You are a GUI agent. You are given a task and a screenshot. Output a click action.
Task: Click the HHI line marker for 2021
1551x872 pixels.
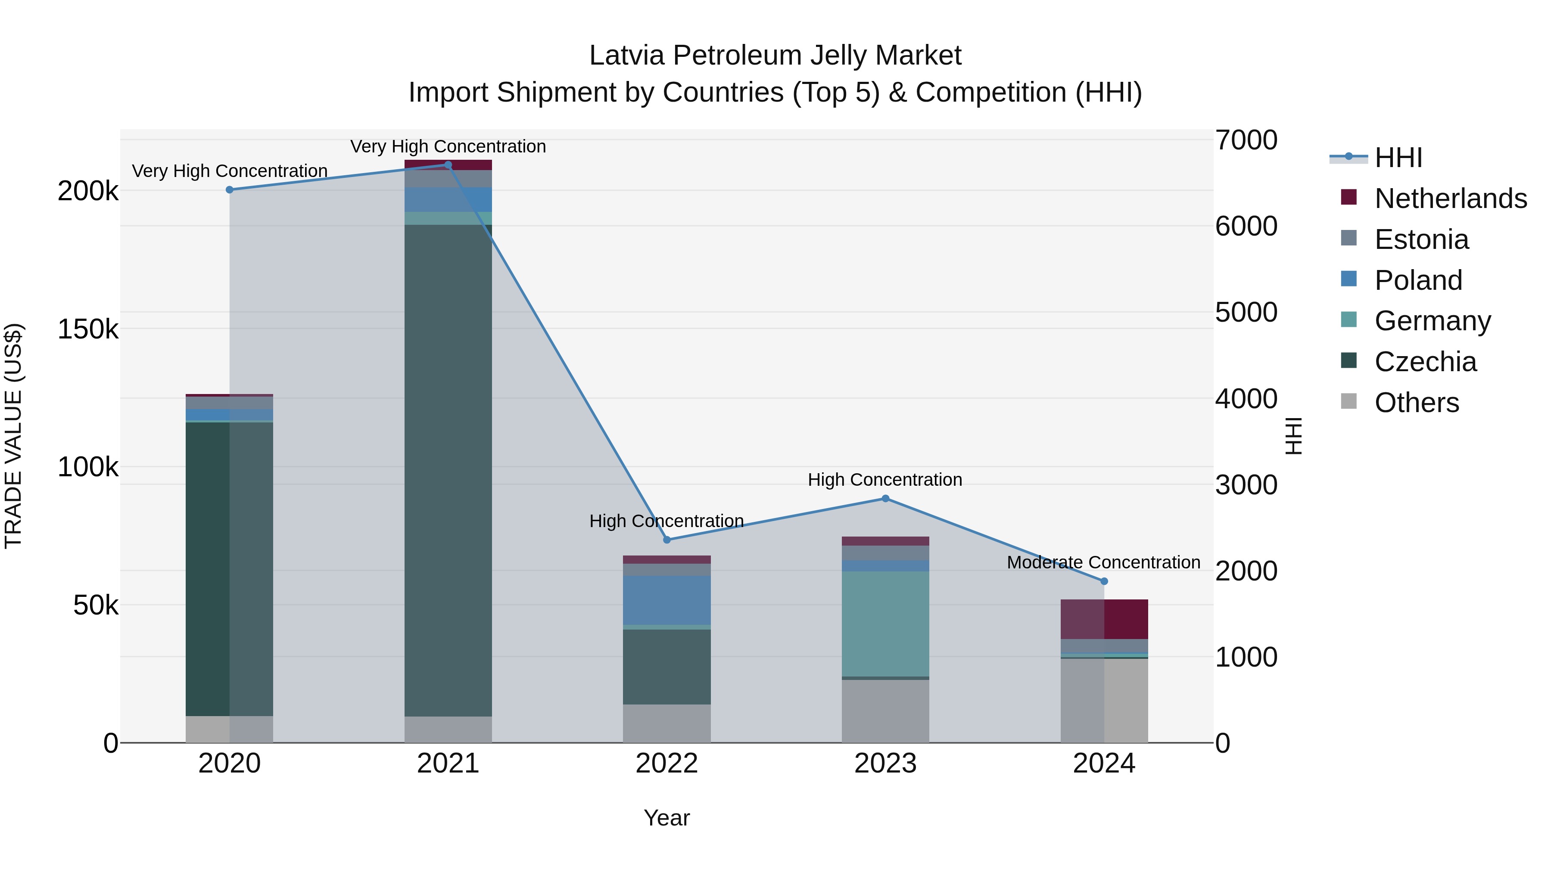[448, 164]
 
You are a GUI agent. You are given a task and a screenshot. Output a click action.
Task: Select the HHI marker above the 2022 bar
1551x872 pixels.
[666, 540]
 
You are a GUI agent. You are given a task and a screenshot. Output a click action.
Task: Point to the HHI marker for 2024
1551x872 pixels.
[1104, 581]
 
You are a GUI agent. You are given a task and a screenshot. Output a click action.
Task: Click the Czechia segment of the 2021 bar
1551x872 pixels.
[448, 469]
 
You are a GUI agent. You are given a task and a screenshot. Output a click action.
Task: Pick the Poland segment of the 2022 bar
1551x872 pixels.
[666, 599]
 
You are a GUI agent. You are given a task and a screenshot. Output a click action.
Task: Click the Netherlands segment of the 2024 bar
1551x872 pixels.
[1104, 619]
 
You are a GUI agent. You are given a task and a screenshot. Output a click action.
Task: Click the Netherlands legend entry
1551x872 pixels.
[1450, 199]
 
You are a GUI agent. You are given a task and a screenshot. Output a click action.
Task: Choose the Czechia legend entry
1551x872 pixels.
[1425, 362]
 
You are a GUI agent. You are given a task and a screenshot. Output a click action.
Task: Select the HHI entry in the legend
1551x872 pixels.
[1398, 158]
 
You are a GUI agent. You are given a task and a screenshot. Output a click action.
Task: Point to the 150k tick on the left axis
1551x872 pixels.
[88, 329]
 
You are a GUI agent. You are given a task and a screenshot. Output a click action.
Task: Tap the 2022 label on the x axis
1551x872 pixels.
[666, 763]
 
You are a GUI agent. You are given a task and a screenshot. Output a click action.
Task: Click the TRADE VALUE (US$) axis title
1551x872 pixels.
[13, 436]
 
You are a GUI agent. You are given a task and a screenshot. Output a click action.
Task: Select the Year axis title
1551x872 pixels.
[666, 818]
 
